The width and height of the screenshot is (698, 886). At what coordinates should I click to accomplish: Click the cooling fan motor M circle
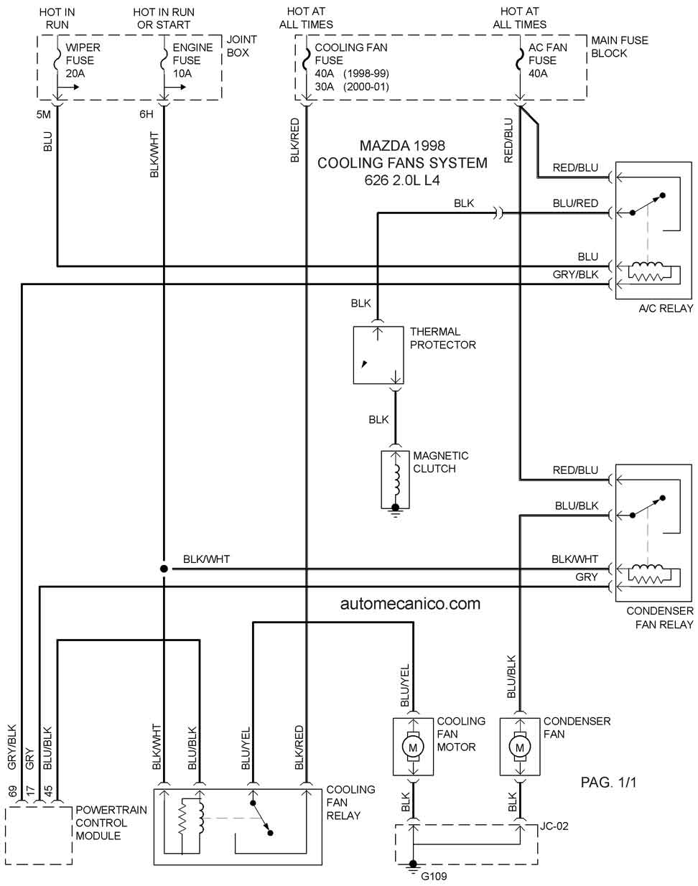coord(413,747)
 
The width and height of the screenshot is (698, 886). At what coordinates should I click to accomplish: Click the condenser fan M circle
coord(520,747)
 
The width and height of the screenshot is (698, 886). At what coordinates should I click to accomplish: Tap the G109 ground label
coord(434,877)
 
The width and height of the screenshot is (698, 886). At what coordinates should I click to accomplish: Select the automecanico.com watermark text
coord(410,604)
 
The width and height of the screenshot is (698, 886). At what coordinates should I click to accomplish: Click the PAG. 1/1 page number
coord(608,782)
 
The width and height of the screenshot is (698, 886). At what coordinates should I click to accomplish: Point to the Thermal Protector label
coord(442,338)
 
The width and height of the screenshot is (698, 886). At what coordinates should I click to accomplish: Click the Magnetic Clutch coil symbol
coord(396,480)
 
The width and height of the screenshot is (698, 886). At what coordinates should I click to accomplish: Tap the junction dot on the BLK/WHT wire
coord(164,569)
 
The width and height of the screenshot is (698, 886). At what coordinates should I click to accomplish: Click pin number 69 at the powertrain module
coord(12,792)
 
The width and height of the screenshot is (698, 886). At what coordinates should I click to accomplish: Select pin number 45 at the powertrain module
coord(48,792)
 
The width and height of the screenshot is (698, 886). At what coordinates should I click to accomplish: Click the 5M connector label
coord(43,114)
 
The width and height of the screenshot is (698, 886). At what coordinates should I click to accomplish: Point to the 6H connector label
coord(146,114)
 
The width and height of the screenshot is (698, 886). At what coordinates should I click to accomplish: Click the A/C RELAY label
coord(666,308)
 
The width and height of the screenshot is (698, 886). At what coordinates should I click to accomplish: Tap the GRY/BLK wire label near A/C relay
coord(575,274)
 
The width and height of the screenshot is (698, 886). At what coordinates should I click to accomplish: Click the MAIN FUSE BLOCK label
coord(620,47)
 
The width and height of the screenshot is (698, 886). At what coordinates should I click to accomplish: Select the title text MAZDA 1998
coord(402,145)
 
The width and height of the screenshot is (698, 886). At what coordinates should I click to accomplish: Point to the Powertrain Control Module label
coord(111,823)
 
